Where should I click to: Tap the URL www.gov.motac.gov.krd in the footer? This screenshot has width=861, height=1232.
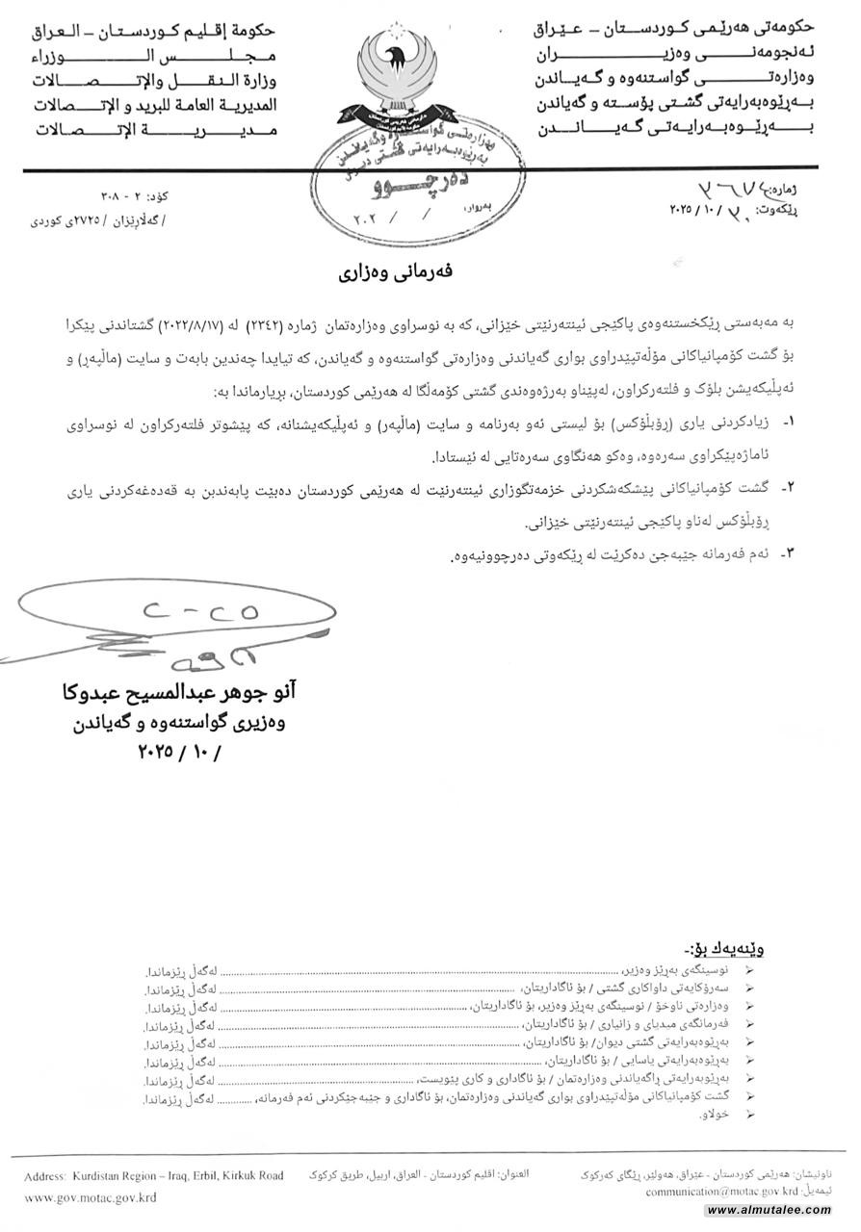[91, 1197]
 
